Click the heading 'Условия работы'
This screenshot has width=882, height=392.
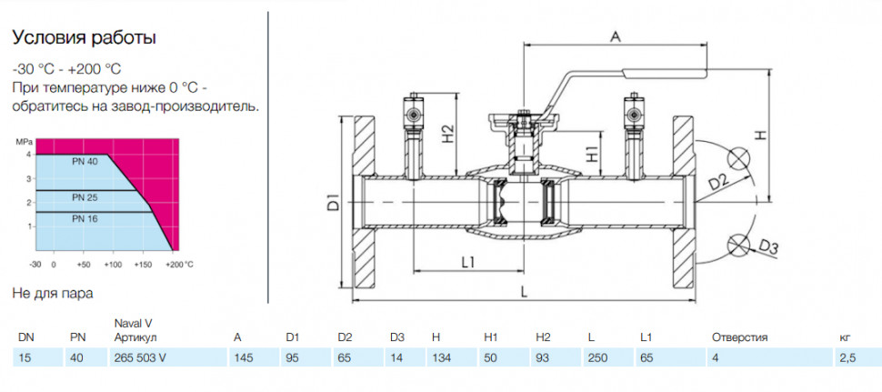click(85, 38)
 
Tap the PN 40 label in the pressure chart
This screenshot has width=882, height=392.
click(85, 162)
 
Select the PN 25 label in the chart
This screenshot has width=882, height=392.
click(85, 197)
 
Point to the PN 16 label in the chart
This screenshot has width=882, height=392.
click(85, 219)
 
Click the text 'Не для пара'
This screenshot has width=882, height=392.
click(53, 293)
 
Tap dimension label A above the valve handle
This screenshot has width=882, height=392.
click(616, 36)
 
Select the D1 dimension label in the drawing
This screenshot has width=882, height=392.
click(333, 202)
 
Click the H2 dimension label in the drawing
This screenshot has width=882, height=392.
click(447, 134)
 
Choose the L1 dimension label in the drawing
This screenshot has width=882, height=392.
click(468, 262)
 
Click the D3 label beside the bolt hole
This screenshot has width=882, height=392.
click(768, 246)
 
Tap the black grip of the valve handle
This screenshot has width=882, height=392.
click(665, 72)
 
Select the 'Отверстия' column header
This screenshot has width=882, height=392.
click(739, 338)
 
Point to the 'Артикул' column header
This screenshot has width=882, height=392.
click(135, 338)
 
